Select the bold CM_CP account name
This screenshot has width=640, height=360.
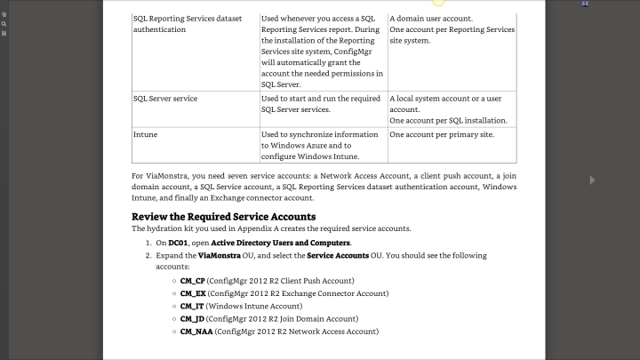click(193, 280)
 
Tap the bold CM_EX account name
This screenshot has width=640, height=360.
click(193, 292)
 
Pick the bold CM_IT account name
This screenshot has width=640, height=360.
click(192, 305)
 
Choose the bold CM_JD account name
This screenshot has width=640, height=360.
click(192, 318)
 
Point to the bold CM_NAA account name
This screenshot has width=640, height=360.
click(196, 331)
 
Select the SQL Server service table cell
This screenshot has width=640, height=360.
click(164, 97)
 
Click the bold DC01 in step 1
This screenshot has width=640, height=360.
click(178, 242)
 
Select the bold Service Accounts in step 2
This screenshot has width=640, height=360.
click(337, 255)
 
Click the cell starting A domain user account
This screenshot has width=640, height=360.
click(431, 18)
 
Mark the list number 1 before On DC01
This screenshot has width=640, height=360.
click(148, 242)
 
